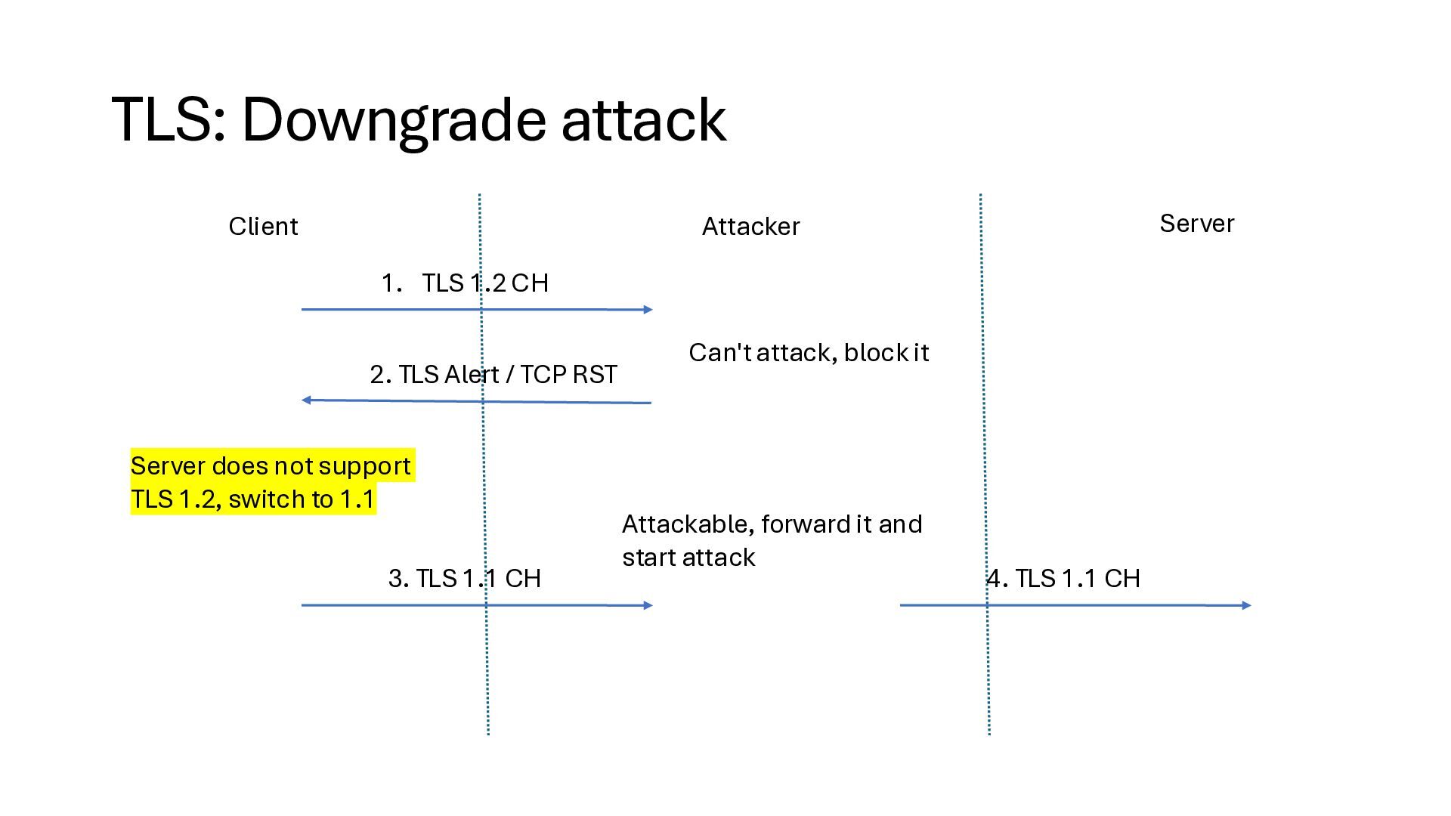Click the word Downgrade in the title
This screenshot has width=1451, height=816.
(x=393, y=119)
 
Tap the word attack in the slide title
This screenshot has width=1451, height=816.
(x=644, y=119)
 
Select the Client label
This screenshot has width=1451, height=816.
(x=263, y=227)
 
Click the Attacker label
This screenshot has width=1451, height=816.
(x=750, y=227)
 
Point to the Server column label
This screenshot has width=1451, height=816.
(x=1196, y=224)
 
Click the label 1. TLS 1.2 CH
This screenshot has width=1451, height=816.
(x=465, y=283)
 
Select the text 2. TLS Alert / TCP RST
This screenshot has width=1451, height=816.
(x=493, y=375)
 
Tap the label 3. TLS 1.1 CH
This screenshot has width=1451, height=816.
(x=465, y=579)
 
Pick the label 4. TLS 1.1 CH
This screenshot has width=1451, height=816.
(x=1063, y=579)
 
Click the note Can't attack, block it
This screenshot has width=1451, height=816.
(x=809, y=353)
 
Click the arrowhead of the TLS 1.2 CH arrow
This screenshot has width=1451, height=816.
(x=648, y=310)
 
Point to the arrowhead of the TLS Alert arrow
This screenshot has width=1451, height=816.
(x=306, y=400)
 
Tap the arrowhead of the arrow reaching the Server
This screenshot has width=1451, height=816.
(x=1246, y=605)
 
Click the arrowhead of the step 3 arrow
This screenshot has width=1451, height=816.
(x=648, y=605)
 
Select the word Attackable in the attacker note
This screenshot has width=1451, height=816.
(x=687, y=524)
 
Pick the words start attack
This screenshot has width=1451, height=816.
(x=688, y=558)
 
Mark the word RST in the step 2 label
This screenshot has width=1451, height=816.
(x=595, y=375)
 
